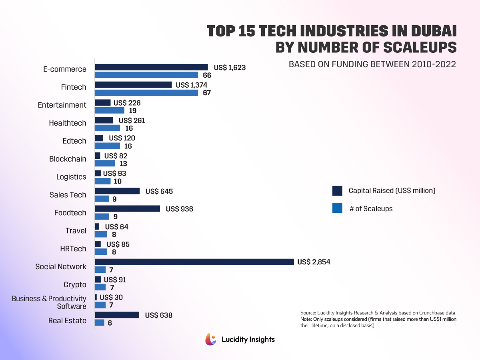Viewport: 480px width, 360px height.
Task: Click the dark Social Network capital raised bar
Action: [194, 262]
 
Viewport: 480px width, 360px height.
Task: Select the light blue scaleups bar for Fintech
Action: [146, 93]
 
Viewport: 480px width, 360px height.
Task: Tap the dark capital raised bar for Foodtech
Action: [127, 209]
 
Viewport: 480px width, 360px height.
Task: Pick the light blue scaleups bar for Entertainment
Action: [110, 110]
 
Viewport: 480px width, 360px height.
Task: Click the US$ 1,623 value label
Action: [230, 68]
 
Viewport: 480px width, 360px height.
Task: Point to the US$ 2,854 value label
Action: [314, 262]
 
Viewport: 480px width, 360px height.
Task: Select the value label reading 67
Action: [207, 93]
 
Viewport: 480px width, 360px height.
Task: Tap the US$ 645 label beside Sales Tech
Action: [159, 192]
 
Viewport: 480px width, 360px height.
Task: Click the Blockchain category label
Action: [68, 159]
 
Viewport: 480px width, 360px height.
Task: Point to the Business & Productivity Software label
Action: [49, 302]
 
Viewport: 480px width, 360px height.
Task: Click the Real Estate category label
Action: [67, 320]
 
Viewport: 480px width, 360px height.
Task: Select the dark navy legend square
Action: [337, 191]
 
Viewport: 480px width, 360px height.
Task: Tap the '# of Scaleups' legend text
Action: [371, 208]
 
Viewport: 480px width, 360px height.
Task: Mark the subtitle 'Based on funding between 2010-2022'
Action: [372, 64]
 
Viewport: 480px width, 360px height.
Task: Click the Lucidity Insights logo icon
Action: [211, 339]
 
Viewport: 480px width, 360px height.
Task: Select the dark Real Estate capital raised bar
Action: [117, 315]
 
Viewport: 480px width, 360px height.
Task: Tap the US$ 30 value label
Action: [111, 298]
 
